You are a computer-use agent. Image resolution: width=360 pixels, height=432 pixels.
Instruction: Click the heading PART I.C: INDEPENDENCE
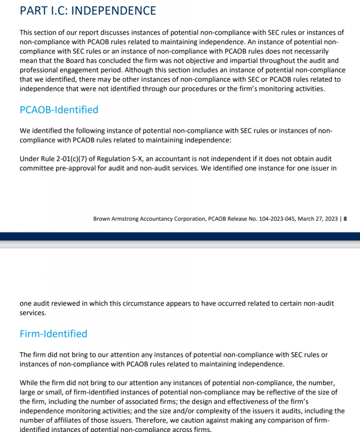(88, 11)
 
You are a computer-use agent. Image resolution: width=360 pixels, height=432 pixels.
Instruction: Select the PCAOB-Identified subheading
(59, 110)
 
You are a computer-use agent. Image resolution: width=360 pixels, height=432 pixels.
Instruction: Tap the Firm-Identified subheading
(54, 334)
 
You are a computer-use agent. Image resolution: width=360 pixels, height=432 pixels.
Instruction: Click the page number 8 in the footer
(345, 219)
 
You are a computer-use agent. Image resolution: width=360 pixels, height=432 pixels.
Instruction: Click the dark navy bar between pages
(180, 236)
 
